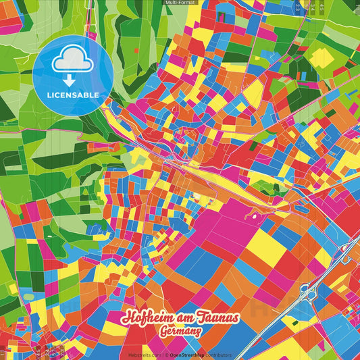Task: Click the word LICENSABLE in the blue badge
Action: point(72,95)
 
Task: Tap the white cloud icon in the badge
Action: point(72,61)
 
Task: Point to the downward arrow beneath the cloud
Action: point(72,79)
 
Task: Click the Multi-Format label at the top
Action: point(180,3)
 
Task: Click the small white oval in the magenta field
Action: point(255,217)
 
